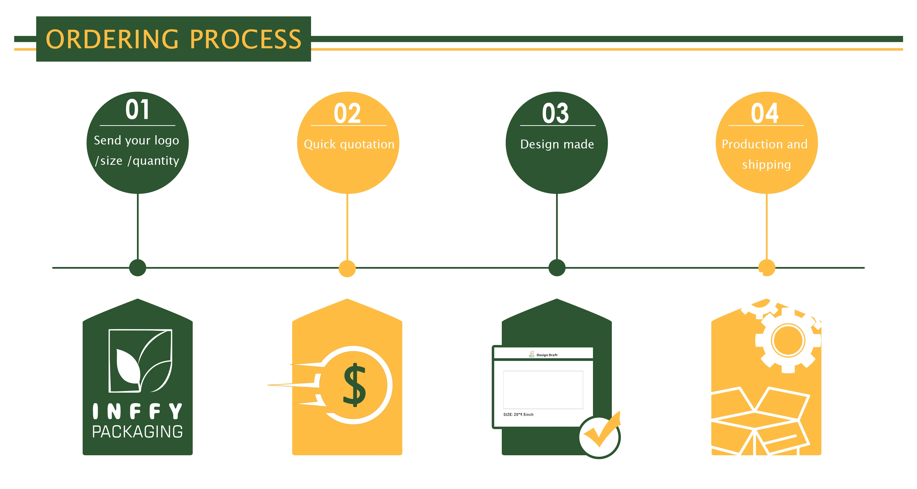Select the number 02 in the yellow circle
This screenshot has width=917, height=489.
tap(347, 113)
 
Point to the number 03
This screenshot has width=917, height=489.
tap(556, 113)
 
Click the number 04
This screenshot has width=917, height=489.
tap(765, 113)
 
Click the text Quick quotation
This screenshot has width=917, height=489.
tap(349, 144)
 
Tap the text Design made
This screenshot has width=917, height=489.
tap(557, 144)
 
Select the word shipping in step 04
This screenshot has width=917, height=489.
tap(766, 164)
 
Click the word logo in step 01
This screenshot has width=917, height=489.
tap(167, 141)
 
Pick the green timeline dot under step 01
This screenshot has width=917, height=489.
tap(138, 268)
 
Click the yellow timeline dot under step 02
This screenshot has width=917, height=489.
tap(347, 268)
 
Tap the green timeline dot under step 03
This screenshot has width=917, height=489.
tap(557, 268)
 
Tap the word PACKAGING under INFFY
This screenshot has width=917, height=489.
tap(137, 432)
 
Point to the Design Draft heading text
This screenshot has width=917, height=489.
tap(547, 355)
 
